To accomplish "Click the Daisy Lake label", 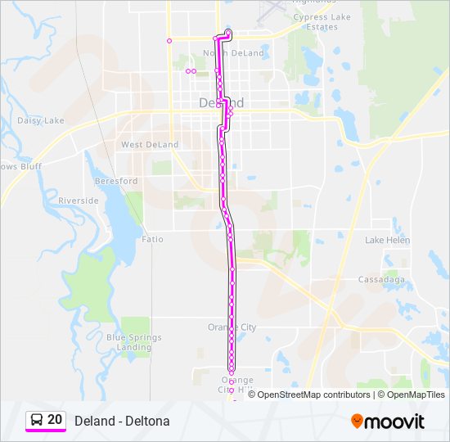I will [x=41, y=120].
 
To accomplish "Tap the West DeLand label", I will [x=150, y=145].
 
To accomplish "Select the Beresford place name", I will [x=115, y=181].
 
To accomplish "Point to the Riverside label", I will [x=79, y=201].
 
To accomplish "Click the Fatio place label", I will [x=152, y=239].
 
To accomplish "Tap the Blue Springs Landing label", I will [x=133, y=342].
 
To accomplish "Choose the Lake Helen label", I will [x=388, y=240].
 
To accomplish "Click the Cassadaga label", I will [x=382, y=279].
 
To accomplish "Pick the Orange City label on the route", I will [x=232, y=327].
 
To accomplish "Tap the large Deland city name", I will [x=222, y=103].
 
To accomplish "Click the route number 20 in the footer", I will [x=55, y=420].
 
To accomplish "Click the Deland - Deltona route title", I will [x=122, y=421].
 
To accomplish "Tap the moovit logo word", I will [x=395, y=422].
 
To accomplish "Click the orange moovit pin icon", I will [x=357, y=422].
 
